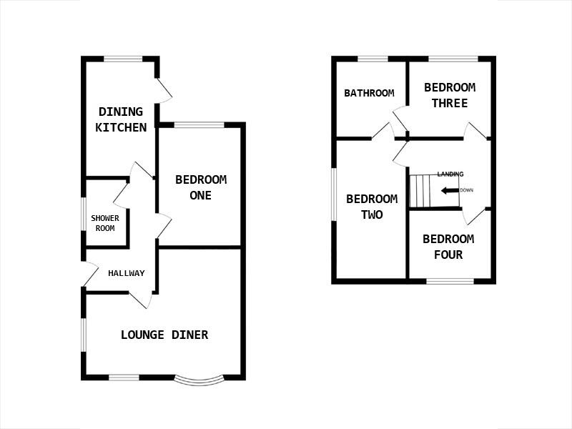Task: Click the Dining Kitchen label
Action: (122, 119)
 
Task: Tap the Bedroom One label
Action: (201, 187)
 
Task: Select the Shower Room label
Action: (104, 223)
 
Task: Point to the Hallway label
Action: (127, 273)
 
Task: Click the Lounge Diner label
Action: (164, 335)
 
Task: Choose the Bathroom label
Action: (369, 93)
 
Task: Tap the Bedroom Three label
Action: (450, 95)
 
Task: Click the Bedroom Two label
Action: (372, 207)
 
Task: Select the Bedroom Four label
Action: (448, 247)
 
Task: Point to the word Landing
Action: (450, 174)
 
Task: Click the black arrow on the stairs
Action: (449, 190)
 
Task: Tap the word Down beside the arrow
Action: (466, 190)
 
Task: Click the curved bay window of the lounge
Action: (199, 379)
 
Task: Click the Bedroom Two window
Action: (334, 194)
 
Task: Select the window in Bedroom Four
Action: (450, 281)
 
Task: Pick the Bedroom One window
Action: (199, 125)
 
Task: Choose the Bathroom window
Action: (372, 59)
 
